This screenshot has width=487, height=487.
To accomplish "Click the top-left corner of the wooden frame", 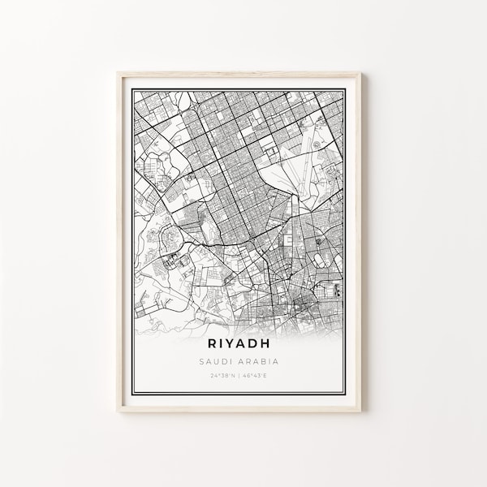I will pos(117,72).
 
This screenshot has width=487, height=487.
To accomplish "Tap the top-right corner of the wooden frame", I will pos(370,72).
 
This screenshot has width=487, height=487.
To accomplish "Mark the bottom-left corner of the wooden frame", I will pos(117,412).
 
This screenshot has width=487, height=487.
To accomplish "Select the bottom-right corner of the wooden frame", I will pos(370,412).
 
